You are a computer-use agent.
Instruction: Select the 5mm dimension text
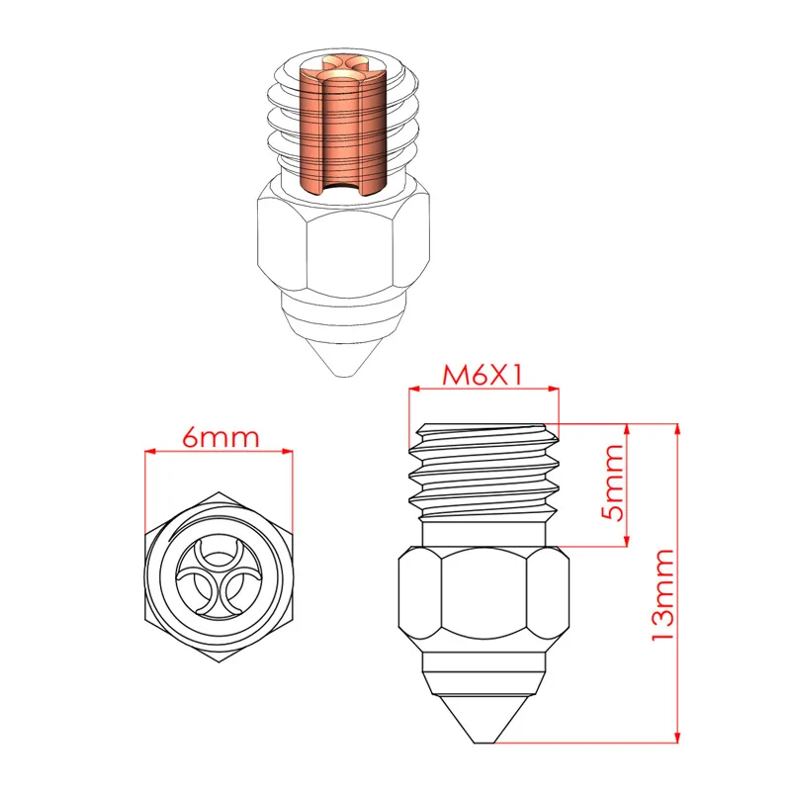click(x=612, y=484)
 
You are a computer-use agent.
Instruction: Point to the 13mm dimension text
click(x=661, y=593)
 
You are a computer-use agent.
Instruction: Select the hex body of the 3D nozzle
click(x=341, y=237)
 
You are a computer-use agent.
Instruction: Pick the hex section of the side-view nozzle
click(x=483, y=598)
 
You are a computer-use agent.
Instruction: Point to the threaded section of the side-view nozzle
click(x=483, y=472)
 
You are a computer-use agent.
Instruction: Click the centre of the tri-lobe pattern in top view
click(x=219, y=574)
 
